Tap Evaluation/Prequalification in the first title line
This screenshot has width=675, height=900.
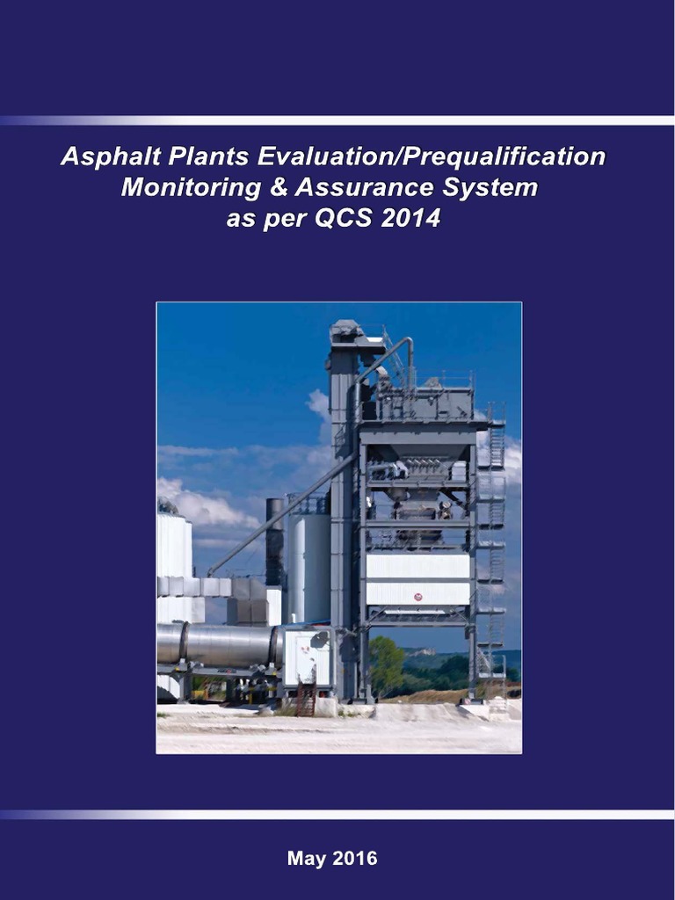(431, 157)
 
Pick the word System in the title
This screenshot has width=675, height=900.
(490, 187)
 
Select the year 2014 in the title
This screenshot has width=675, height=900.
(410, 217)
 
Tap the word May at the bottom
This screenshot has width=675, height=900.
(306, 859)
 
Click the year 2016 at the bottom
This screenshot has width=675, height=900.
(354, 859)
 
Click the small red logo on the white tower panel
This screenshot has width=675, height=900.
(417, 597)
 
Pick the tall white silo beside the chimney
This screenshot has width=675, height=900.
(308, 567)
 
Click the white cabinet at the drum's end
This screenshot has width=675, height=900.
(307, 658)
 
